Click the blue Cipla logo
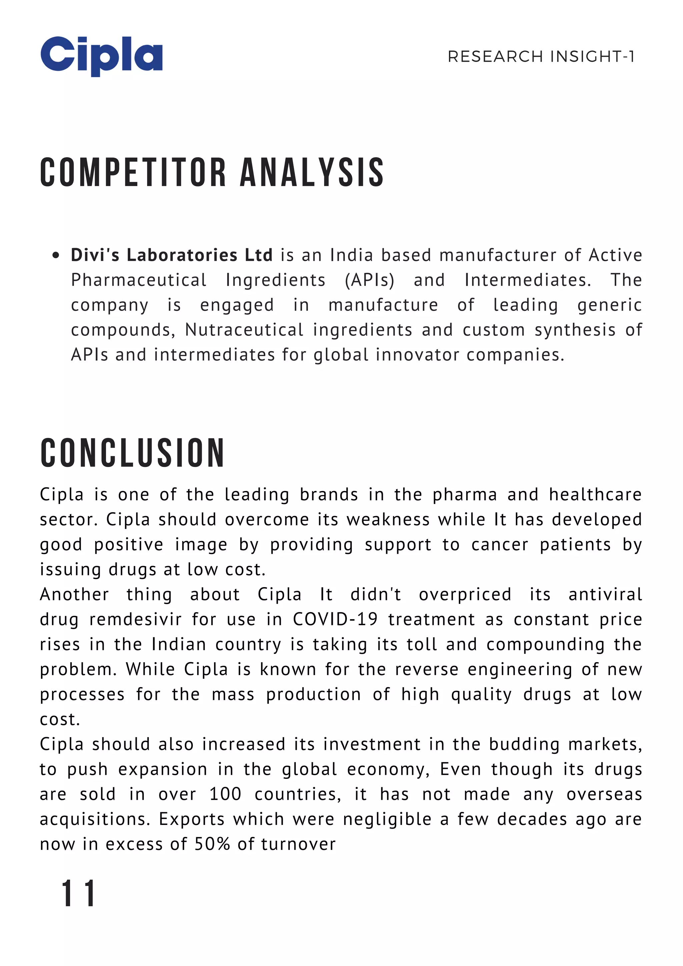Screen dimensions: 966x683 tap(101, 56)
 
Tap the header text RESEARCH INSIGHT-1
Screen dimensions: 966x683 tap(541, 56)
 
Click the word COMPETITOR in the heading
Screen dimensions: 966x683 tap(133, 172)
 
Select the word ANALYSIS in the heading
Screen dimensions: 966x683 tap(311, 172)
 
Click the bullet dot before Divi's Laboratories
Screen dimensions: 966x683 tap(55, 256)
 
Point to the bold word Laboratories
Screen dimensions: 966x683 tap(182, 255)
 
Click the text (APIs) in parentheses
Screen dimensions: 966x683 tap(369, 280)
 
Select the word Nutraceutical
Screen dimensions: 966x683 tap(244, 330)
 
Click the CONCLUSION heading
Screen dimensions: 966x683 tap(132, 453)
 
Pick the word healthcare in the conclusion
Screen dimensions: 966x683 tap(595, 494)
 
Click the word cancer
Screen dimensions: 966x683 tap(499, 545)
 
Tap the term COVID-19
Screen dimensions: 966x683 tap(335, 620)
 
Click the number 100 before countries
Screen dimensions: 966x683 tap(225, 794)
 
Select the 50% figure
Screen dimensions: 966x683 tap(212, 844)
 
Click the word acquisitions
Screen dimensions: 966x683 tap(96, 820)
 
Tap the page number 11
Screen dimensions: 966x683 tap(78, 893)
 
